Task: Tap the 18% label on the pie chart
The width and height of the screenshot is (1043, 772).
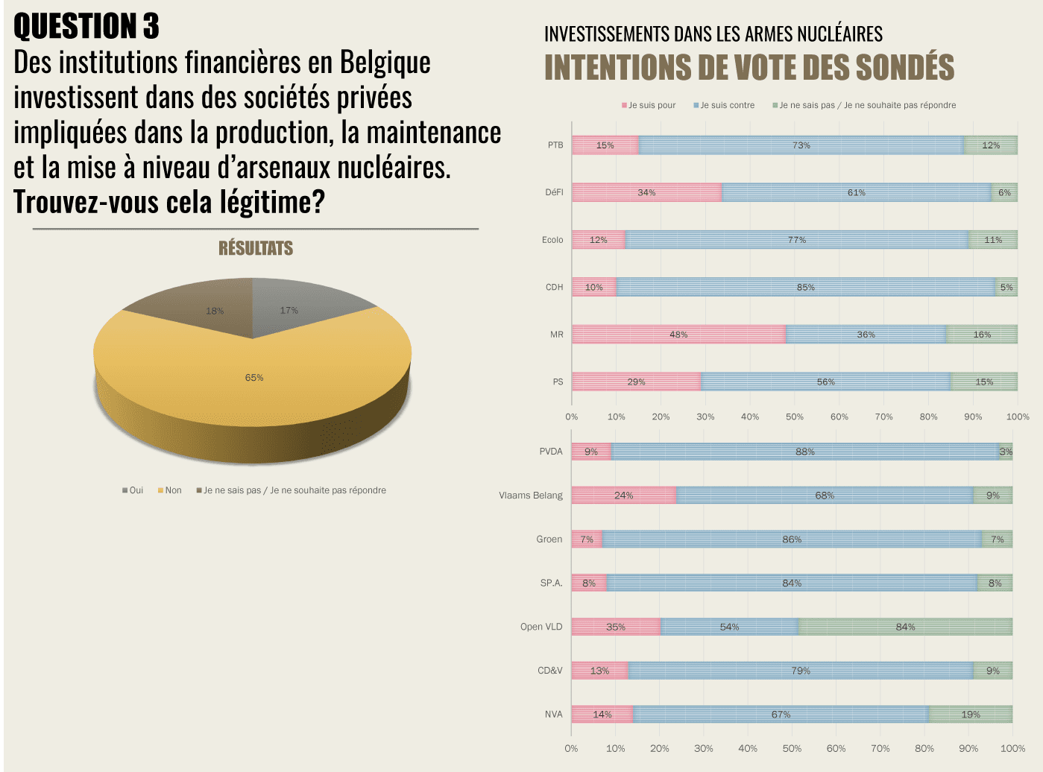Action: (215, 311)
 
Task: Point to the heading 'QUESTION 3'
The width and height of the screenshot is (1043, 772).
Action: (86, 26)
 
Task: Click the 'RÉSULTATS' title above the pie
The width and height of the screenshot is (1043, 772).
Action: (256, 248)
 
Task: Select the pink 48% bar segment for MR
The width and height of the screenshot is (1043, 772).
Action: (678, 335)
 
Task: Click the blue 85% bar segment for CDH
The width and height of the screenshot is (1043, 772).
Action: (805, 287)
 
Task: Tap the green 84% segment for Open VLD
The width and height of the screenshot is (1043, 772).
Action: (905, 627)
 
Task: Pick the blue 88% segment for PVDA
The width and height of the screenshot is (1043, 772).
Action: (804, 452)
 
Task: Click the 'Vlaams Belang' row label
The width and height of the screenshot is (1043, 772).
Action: (531, 496)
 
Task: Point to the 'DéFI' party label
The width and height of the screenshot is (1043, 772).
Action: (554, 192)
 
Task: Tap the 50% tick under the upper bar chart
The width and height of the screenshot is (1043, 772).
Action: (795, 417)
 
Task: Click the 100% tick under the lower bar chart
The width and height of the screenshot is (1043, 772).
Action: (1012, 748)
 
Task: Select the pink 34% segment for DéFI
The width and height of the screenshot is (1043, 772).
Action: (646, 192)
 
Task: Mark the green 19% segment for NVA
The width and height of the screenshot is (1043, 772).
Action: (970, 715)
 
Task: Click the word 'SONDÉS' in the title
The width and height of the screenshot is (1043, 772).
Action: (904, 67)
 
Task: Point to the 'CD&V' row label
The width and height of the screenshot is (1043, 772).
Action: (550, 671)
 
